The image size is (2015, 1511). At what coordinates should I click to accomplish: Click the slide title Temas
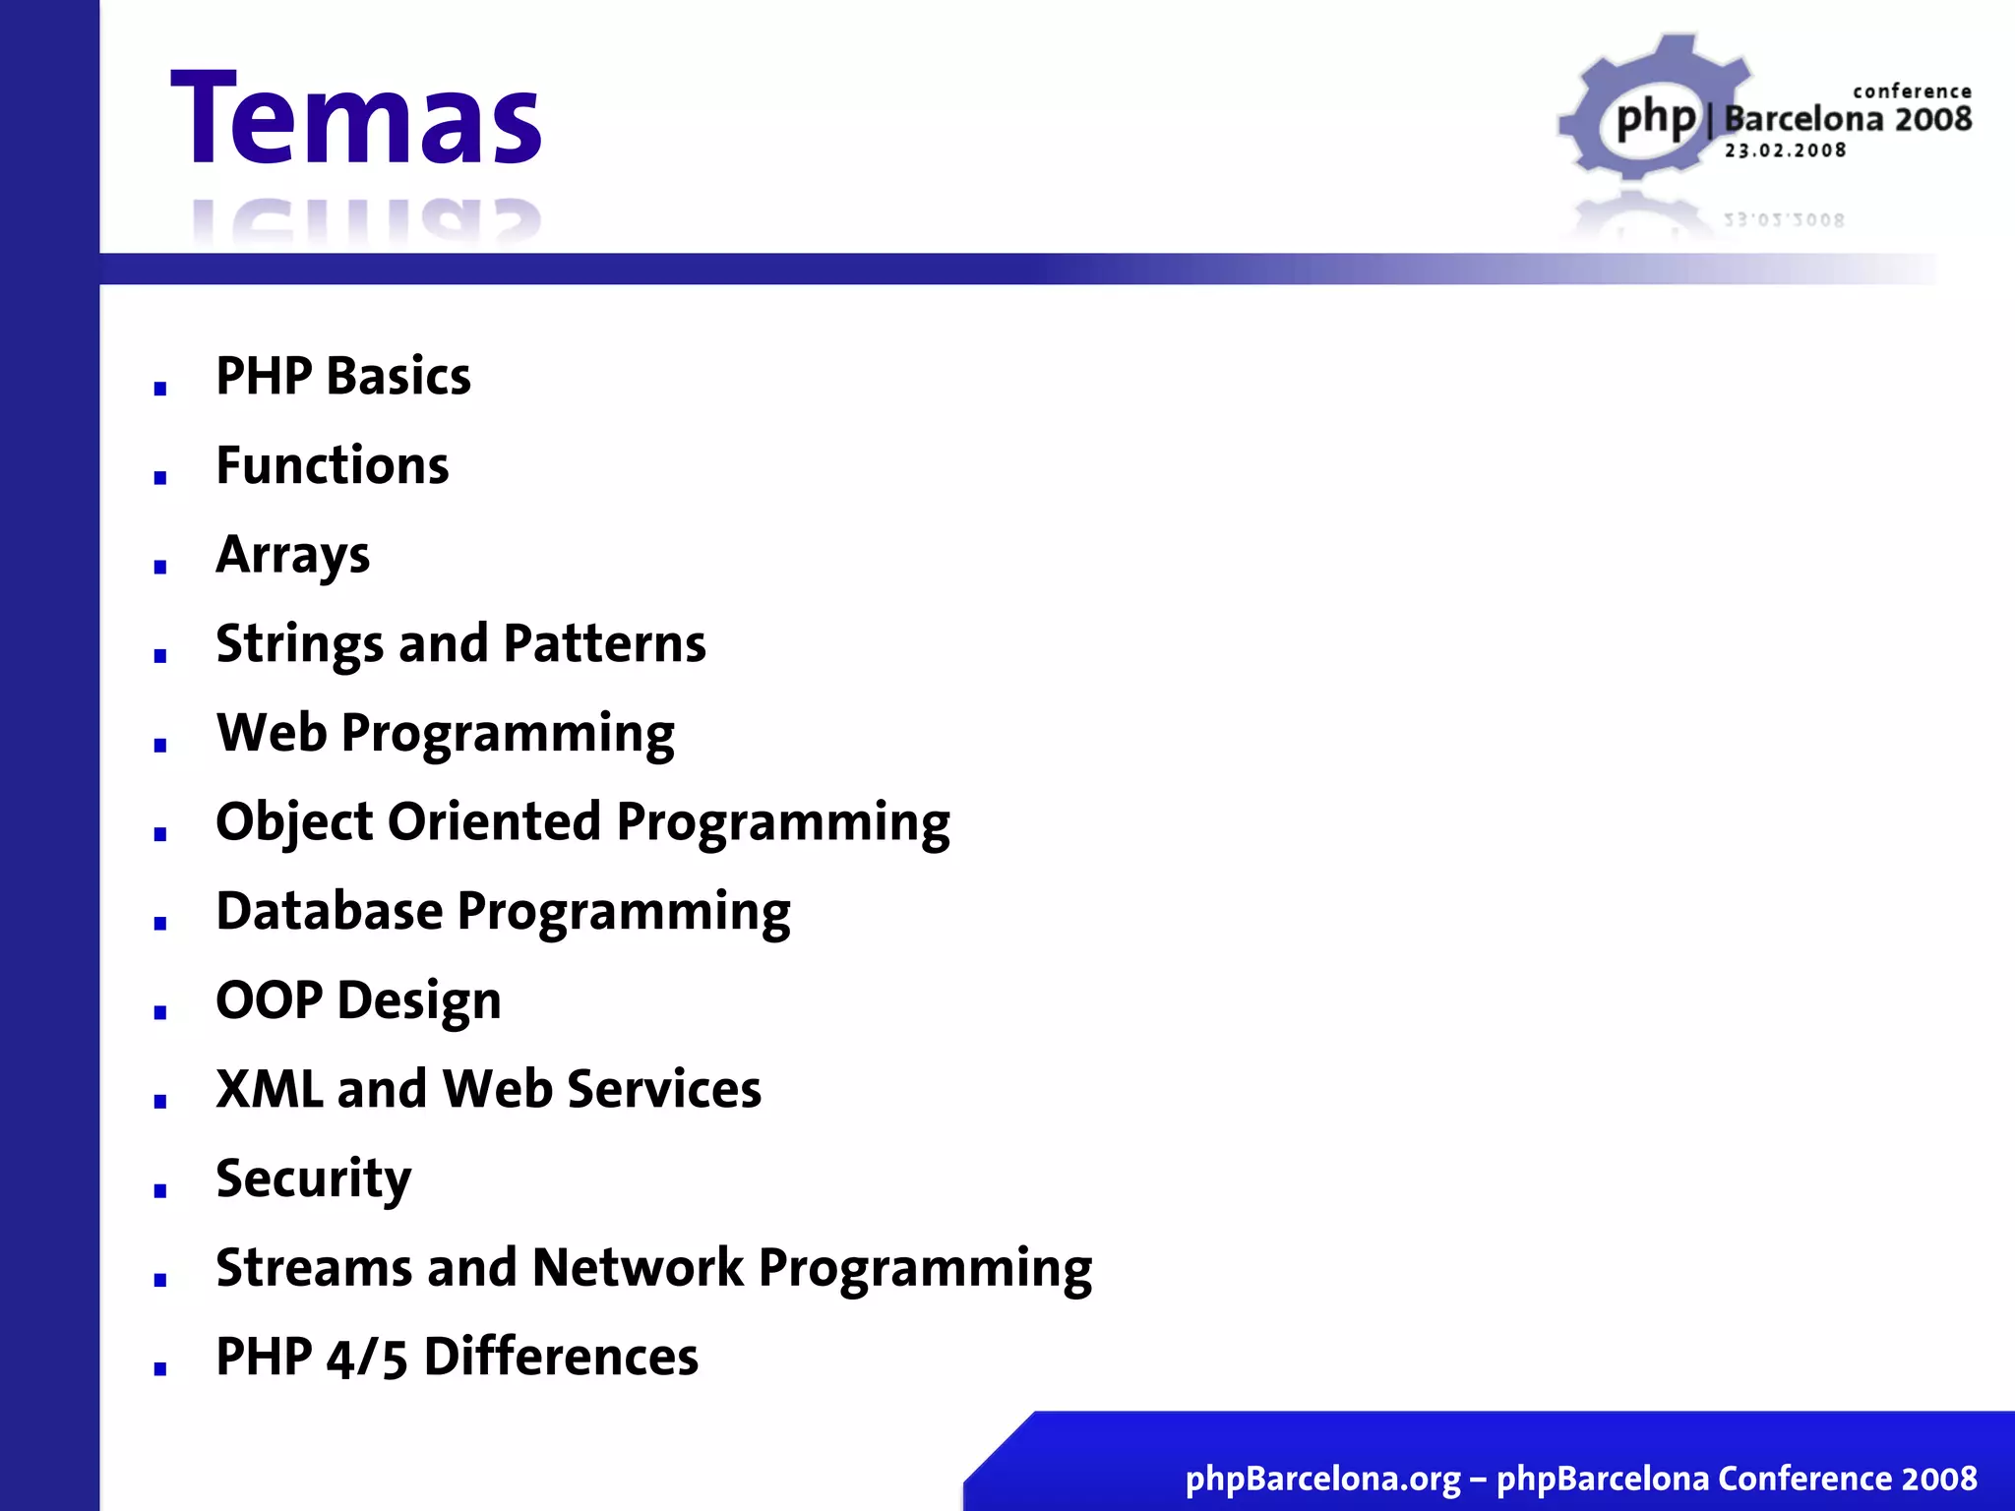point(356,119)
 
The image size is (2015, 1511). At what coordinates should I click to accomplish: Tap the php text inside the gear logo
point(1656,120)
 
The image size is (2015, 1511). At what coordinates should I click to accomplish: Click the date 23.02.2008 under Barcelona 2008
point(1785,151)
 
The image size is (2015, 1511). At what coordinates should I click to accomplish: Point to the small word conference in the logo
point(1912,91)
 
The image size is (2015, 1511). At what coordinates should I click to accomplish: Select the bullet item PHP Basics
point(343,376)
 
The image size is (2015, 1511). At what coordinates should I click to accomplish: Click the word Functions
point(333,465)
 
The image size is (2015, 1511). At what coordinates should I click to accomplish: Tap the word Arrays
point(293,555)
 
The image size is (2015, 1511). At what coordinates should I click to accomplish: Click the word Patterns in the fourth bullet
point(604,644)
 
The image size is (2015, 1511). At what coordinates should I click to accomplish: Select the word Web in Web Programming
point(272,733)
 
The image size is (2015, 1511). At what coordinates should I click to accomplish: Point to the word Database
point(330,911)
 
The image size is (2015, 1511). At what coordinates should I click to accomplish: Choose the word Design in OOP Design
point(419,1001)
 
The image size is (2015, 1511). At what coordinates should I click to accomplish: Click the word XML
point(270,1090)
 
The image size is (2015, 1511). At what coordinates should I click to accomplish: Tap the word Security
point(314,1179)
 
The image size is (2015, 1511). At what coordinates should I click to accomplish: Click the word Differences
point(561,1358)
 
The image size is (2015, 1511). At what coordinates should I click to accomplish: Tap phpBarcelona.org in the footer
point(1322,1479)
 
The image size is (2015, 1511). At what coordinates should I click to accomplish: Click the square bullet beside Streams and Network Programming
point(160,1280)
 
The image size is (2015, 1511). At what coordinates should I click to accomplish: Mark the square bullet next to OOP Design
point(160,1012)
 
